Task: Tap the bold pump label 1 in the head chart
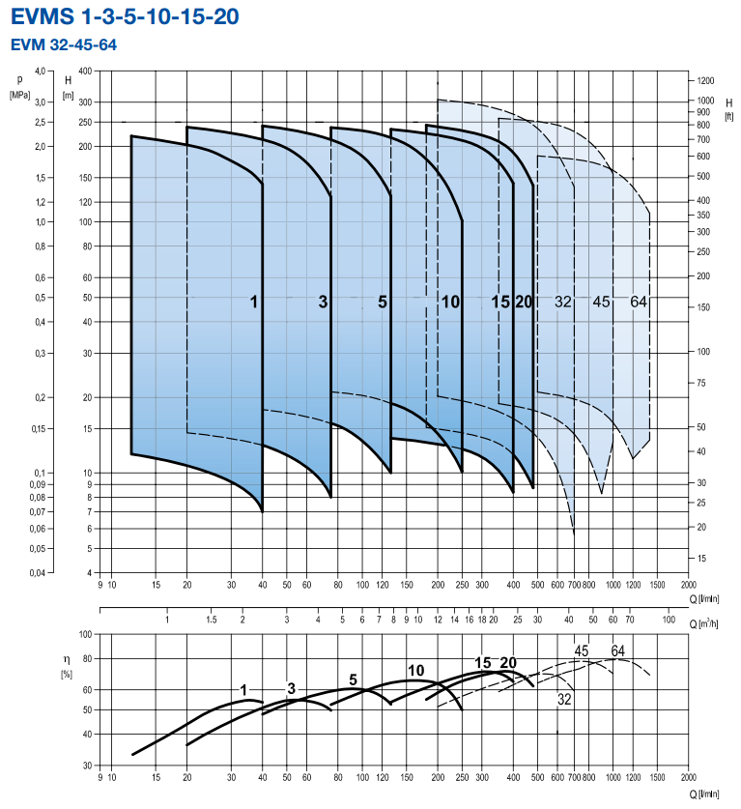click(x=254, y=303)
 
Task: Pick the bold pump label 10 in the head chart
click(x=450, y=303)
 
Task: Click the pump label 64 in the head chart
click(x=638, y=303)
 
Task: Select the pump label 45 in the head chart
click(x=601, y=303)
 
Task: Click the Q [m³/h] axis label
click(x=712, y=623)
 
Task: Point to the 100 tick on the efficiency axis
click(x=84, y=635)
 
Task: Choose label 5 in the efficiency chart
click(x=353, y=679)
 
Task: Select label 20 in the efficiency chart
click(x=508, y=662)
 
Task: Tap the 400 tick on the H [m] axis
click(x=83, y=72)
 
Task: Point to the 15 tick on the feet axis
click(x=701, y=558)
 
